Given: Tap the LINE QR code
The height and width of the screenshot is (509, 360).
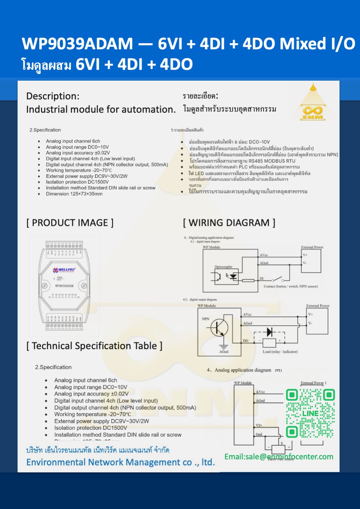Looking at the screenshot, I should click(x=310, y=413).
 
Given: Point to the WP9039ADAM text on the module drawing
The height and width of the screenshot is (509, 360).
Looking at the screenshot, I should click(x=64, y=286).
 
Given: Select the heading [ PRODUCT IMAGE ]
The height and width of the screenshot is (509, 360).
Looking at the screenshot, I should click(x=70, y=223).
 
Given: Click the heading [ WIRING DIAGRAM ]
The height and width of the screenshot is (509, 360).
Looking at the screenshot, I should click(x=229, y=223).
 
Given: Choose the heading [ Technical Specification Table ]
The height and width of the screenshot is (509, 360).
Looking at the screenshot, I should click(x=94, y=346).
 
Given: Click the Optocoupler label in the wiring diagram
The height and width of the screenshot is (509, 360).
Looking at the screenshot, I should click(x=223, y=267).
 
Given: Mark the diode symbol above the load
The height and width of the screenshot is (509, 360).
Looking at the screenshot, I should click(x=269, y=332).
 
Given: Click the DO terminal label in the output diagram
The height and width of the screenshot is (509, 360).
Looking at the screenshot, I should click(x=246, y=340).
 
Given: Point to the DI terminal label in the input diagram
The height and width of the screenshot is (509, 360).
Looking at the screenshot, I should click(x=262, y=278).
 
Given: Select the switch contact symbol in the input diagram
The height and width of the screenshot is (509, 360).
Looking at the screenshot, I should click(x=277, y=280).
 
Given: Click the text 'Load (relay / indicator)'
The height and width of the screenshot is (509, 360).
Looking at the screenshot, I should click(x=280, y=352).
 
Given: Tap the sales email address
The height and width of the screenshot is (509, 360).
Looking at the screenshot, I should click(x=279, y=457).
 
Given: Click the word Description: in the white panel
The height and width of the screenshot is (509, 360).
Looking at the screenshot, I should click(x=53, y=96).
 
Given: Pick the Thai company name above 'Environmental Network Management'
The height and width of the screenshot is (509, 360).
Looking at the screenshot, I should click(x=98, y=450).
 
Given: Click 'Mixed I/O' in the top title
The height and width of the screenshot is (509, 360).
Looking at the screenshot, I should click(x=318, y=44).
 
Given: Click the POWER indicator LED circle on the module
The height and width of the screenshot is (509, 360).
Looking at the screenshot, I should click(x=54, y=278).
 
